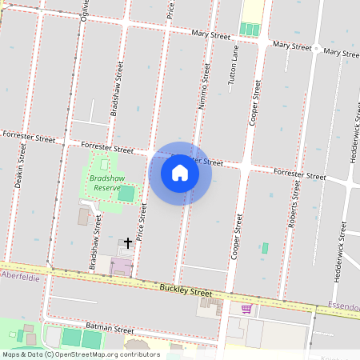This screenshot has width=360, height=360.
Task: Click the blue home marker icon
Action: click(180, 173)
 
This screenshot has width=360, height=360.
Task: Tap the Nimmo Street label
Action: click(203, 88)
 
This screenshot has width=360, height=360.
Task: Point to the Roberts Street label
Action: click(294, 208)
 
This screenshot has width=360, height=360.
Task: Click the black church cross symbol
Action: click(127, 242)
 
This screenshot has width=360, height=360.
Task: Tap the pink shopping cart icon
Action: click(246, 308)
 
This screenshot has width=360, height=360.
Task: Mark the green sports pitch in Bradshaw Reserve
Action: click(126, 193)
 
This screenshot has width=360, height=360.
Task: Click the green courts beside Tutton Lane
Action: click(251, 30)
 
